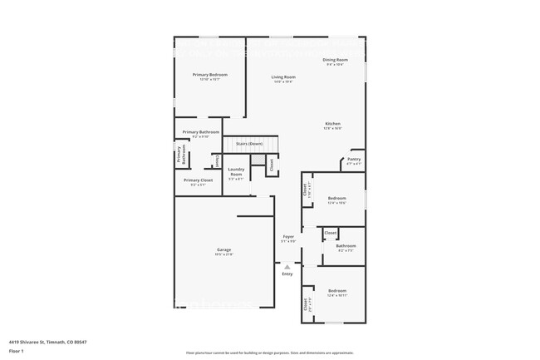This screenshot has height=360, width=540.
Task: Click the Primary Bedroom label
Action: [x=210, y=75]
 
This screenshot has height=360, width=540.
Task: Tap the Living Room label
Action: [x=283, y=77]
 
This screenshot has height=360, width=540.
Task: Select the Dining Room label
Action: [x=335, y=60]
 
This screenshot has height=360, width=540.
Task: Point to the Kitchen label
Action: [x=332, y=124]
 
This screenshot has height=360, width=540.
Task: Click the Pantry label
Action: [x=354, y=159]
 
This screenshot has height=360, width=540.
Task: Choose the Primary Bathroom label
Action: [x=200, y=132]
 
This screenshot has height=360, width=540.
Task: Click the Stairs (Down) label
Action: [x=249, y=144]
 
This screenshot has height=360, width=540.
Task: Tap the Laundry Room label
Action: [x=236, y=174]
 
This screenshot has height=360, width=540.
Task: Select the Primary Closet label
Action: [x=198, y=180]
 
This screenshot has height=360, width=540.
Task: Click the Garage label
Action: [x=224, y=250]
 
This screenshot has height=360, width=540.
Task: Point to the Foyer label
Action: [x=288, y=237]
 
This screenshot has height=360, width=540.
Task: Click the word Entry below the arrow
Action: [x=287, y=274]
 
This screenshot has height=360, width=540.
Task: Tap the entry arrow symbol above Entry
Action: [x=287, y=266]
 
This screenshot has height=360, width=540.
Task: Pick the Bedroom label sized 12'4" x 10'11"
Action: [x=336, y=292]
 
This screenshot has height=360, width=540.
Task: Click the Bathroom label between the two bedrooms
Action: [x=346, y=246]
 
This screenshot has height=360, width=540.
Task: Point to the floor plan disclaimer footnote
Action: [x=269, y=353]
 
